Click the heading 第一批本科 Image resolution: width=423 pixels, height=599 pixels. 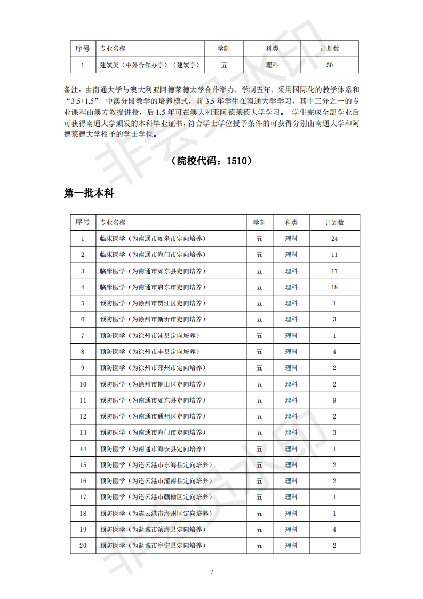(89, 194)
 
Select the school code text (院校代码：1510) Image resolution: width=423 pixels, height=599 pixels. (211, 161)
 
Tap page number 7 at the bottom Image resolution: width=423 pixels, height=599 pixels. (212, 572)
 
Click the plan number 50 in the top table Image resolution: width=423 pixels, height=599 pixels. (329, 65)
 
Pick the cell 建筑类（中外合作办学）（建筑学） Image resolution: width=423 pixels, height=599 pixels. (149, 65)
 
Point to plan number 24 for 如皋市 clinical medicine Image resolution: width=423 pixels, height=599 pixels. (334, 239)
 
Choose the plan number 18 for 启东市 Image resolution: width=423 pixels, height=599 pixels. (334, 287)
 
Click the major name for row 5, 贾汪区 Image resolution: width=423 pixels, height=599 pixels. (151, 303)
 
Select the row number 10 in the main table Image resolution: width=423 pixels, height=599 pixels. (83, 384)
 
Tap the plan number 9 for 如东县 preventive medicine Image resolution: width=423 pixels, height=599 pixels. (334, 400)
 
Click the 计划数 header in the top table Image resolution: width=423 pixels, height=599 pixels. (329, 49)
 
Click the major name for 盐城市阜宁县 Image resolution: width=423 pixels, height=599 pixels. (153, 546)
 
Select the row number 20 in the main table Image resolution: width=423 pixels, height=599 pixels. (83, 546)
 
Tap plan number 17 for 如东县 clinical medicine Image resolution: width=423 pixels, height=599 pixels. (334, 271)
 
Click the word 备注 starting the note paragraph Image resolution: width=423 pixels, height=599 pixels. (71, 89)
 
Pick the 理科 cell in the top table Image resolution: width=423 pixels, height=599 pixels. (272, 65)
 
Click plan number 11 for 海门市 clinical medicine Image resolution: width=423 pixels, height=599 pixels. (334, 255)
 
